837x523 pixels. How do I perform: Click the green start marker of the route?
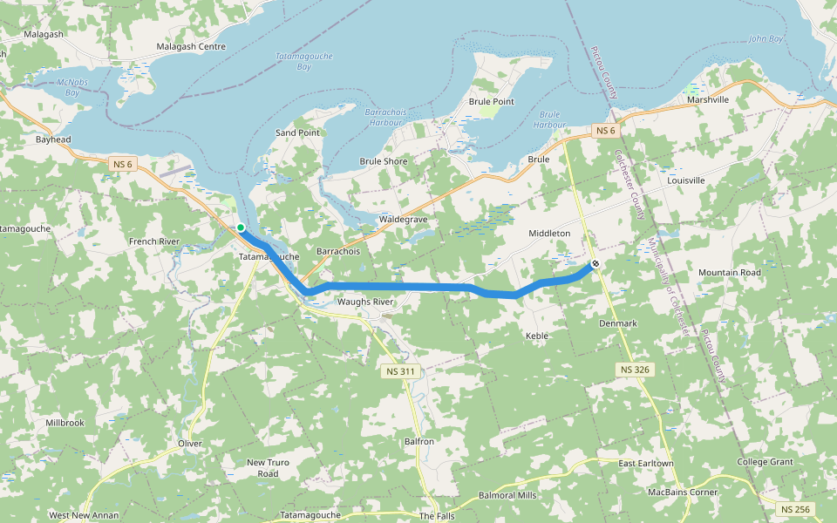(241, 228)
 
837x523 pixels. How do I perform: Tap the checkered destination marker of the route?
(595, 263)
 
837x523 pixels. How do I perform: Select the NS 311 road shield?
(402, 371)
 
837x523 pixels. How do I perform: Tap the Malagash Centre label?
(191, 46)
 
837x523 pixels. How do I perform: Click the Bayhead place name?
(53, 139)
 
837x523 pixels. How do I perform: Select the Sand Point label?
(297, 132)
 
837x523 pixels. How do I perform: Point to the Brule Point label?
(492, 102)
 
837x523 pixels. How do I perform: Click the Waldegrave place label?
(404, 220)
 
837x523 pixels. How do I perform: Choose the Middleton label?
(549, 234)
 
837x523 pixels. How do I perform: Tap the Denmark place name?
(618, 323)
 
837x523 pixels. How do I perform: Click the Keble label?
(537, 336)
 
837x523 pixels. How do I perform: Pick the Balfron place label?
(419, 442)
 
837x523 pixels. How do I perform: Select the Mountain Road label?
(729, 273)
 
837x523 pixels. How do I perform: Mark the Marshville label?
(707, 99)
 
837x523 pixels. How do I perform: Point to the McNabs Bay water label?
(67, 87)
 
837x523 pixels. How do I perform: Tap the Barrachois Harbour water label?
(384, 118)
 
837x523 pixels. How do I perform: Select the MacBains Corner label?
(683, 492)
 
